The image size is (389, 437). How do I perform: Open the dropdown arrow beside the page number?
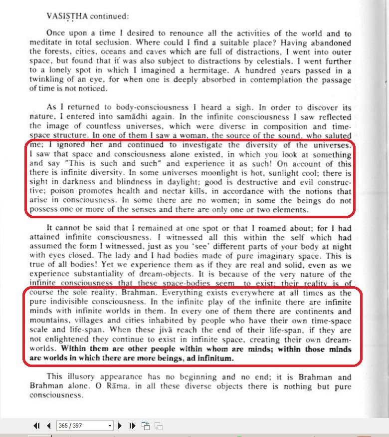pyautogui.click(x=110, y=426)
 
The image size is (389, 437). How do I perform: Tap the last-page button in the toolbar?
pyautogui.click(x=132, y=426)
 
